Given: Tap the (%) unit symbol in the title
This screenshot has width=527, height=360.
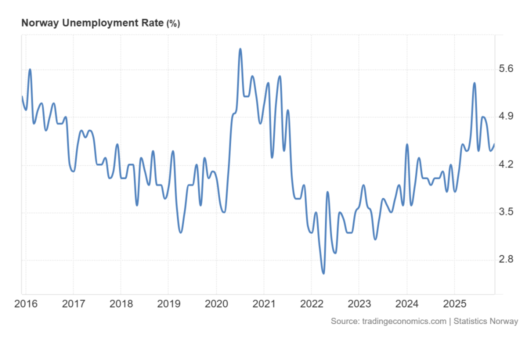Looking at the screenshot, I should [x=173, y=23].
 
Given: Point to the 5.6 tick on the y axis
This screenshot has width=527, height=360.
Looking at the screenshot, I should [x=506, y=69].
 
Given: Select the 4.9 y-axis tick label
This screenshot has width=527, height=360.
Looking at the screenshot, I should [x=506, y=116].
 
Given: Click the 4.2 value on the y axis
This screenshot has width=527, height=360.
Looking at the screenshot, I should [x=506, y=164].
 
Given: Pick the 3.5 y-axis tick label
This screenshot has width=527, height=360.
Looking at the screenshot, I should [x=506, y=212].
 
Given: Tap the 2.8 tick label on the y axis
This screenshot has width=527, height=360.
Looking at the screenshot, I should [x=506, y=259].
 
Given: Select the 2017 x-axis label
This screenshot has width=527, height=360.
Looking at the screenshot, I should [x=73, y=304].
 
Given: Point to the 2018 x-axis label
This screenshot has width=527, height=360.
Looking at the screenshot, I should [x=120, y=304].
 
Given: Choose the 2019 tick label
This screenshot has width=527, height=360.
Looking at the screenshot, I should [x=168, y=304].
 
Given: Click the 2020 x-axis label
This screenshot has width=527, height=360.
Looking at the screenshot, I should [x=216, y=304].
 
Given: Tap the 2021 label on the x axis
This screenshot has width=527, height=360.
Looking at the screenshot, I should [x=263, y=304].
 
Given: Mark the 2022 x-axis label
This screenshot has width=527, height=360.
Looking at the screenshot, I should [x=311, y=304].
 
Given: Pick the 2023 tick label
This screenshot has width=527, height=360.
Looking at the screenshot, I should [x=358, y=304].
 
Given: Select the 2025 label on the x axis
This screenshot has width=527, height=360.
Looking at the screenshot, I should [x=454, y=304].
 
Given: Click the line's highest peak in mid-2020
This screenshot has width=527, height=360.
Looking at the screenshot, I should [x=240, y=49].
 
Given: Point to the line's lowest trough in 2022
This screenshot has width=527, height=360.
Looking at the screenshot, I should [x=323, y=273].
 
